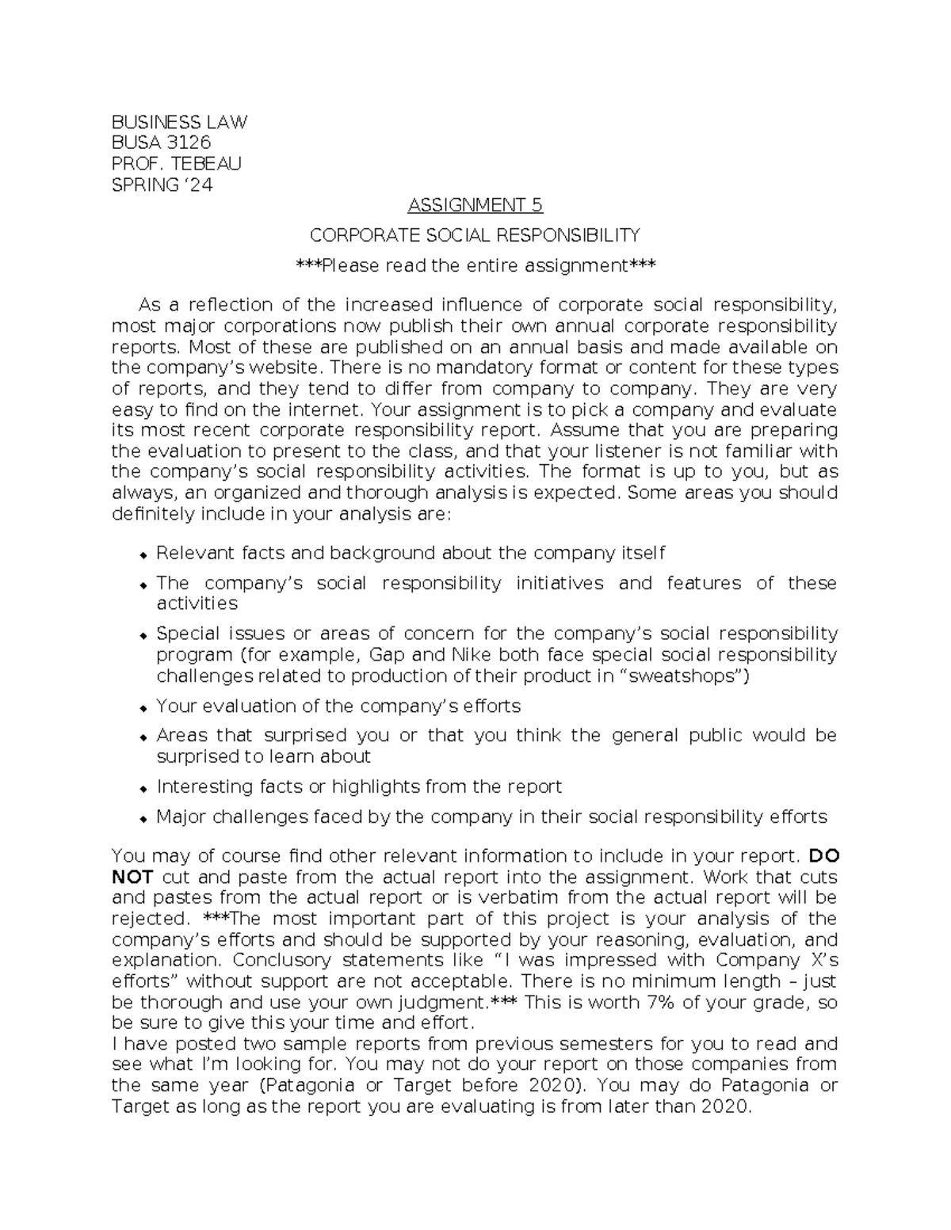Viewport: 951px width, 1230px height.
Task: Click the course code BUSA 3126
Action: (x=161, y=143)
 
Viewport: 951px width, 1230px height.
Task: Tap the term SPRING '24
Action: (x=162, y=185)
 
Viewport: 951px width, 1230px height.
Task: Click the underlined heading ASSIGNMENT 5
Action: (x=475, y=206)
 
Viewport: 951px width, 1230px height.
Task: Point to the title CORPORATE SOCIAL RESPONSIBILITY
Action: (x=475, y=235)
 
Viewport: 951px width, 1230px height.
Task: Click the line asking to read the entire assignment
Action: (x=475, y=265)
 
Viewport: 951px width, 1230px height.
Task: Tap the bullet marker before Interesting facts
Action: (x=143, y=788)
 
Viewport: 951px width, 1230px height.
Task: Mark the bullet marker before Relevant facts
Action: (x=143, y=554)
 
